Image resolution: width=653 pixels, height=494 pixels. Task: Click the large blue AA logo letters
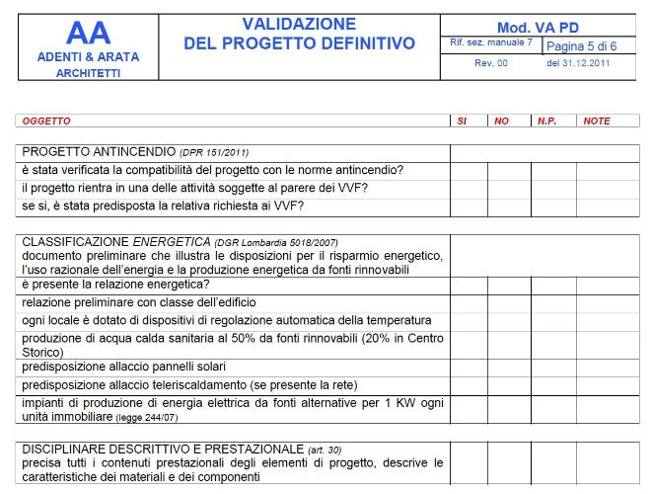(88, 32)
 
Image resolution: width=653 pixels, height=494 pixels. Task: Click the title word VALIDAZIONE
(299, 23)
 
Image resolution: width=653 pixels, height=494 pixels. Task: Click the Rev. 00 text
(490, 63)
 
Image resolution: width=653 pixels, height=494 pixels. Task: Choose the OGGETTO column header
(46, 121)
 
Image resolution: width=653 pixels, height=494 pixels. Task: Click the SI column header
(462, 121)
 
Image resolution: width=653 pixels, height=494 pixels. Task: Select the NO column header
(501, 121)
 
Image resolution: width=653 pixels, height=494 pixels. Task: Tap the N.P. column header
(546, 121)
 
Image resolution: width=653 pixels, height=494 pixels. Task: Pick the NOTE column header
(597, 121)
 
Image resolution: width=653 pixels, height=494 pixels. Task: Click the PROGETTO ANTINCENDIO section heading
(99, 152)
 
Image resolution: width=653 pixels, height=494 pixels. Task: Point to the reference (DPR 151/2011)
(214, 153)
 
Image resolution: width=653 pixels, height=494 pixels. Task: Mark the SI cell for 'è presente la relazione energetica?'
(470, 284)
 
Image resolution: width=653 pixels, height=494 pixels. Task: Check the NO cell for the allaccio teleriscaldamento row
(509, 383)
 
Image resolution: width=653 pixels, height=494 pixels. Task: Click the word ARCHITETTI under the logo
(88, 73)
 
